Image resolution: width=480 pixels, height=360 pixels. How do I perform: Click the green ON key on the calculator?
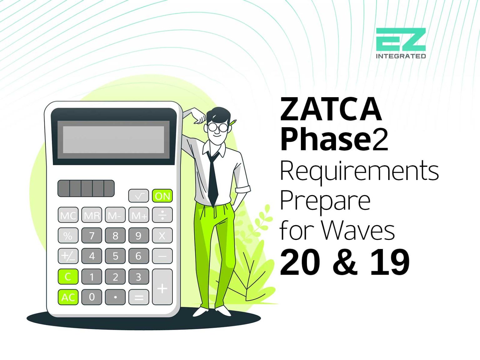(162, 196)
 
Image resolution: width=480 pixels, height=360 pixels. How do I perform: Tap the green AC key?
(68, 297)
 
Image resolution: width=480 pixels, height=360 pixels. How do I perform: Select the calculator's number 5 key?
(115, 256)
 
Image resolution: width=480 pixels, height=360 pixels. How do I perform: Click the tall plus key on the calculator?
(162, 287)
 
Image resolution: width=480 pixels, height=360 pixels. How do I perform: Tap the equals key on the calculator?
(138, 297)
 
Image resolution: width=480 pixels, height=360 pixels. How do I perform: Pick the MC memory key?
(68, 215)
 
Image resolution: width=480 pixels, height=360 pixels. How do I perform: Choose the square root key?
(138, 196)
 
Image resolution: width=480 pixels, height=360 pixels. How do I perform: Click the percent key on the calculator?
(68, 236)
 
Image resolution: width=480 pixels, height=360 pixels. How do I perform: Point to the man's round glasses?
(217, 127)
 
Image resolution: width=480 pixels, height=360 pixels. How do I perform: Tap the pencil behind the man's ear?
(232, 122)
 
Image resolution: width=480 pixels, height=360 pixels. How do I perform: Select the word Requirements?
(359, 171)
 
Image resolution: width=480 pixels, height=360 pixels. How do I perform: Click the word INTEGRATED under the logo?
(401, 56)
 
